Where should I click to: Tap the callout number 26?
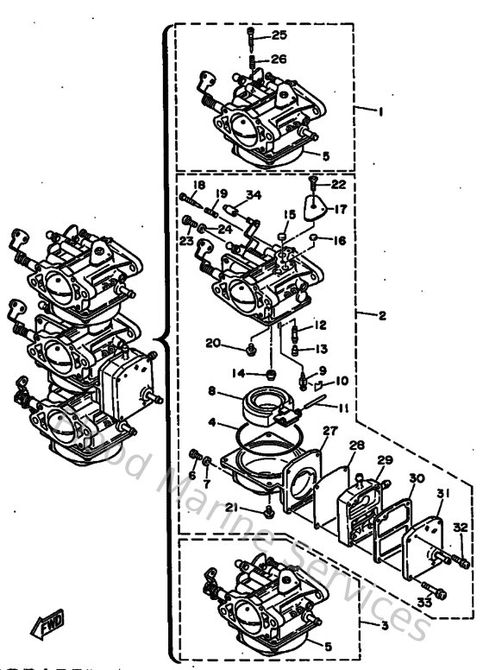click(279, 60)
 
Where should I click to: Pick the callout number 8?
click(211, 391)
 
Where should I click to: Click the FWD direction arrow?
click(38, 648)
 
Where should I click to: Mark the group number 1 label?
click(378, 111)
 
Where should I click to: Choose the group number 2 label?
click(382, 315)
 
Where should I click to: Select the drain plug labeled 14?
click(271, 374)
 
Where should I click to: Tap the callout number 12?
click(319, 325)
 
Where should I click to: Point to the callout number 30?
click(417, 477)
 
